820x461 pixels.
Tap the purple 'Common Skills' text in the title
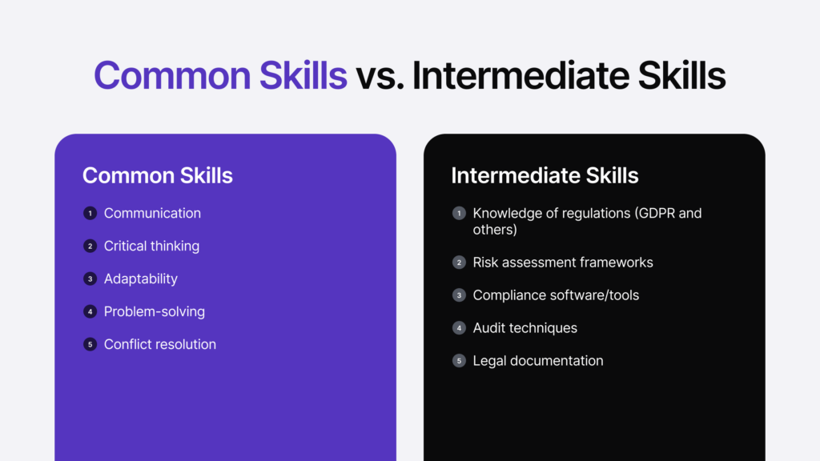tap(220, 76)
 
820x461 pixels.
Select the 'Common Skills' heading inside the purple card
tap(158, 175)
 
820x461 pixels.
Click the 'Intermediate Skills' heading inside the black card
tap(545, 175)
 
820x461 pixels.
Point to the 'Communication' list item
tap(152, 213)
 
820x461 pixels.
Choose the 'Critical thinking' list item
tap(151, 246)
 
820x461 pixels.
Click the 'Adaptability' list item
tap(141, 279)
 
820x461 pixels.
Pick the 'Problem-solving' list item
tap(155, 311)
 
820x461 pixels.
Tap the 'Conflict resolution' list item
tap(160, 344)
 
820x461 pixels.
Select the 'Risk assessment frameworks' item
tap(563, 262)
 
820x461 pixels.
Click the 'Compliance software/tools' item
tap(556, 295)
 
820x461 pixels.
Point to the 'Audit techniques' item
tap(525, 327)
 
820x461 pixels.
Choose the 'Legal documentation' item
tap(538, 360)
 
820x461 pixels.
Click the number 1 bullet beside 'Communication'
tap(90, 213)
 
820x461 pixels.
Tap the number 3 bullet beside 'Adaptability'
tap(90, 279)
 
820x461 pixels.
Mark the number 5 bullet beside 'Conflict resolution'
tap(90, 344)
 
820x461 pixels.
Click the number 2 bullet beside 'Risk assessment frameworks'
tap(459, 263)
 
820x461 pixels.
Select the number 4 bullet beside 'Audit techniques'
tap(459, 327)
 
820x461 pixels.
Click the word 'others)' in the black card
tap(495, 230)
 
